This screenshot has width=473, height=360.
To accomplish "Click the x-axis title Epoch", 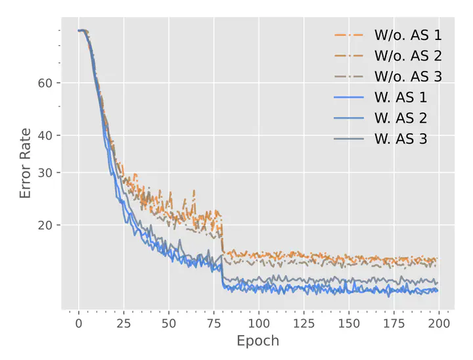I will tap(258, 341).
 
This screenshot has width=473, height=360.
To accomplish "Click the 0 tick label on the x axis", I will tap(79, 323).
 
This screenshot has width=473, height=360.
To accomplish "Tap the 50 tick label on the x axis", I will tap(169, 323).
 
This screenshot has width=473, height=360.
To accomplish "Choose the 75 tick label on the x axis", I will tap(214, 323).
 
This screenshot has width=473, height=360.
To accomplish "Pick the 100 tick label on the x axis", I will tap(259, 323).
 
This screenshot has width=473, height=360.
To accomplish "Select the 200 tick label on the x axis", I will tap(439, 323).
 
